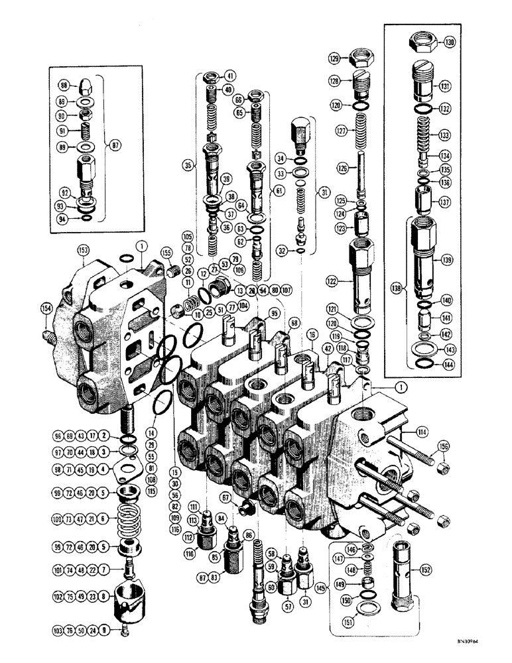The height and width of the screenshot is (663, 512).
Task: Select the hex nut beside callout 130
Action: pyautogui.click(x=423, y=43)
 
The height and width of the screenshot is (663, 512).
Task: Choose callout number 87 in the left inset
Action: pyautogui.click(x=119, y=145)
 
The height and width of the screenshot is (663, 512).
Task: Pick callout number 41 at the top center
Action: pyautogui.click(x=231, y=76)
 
